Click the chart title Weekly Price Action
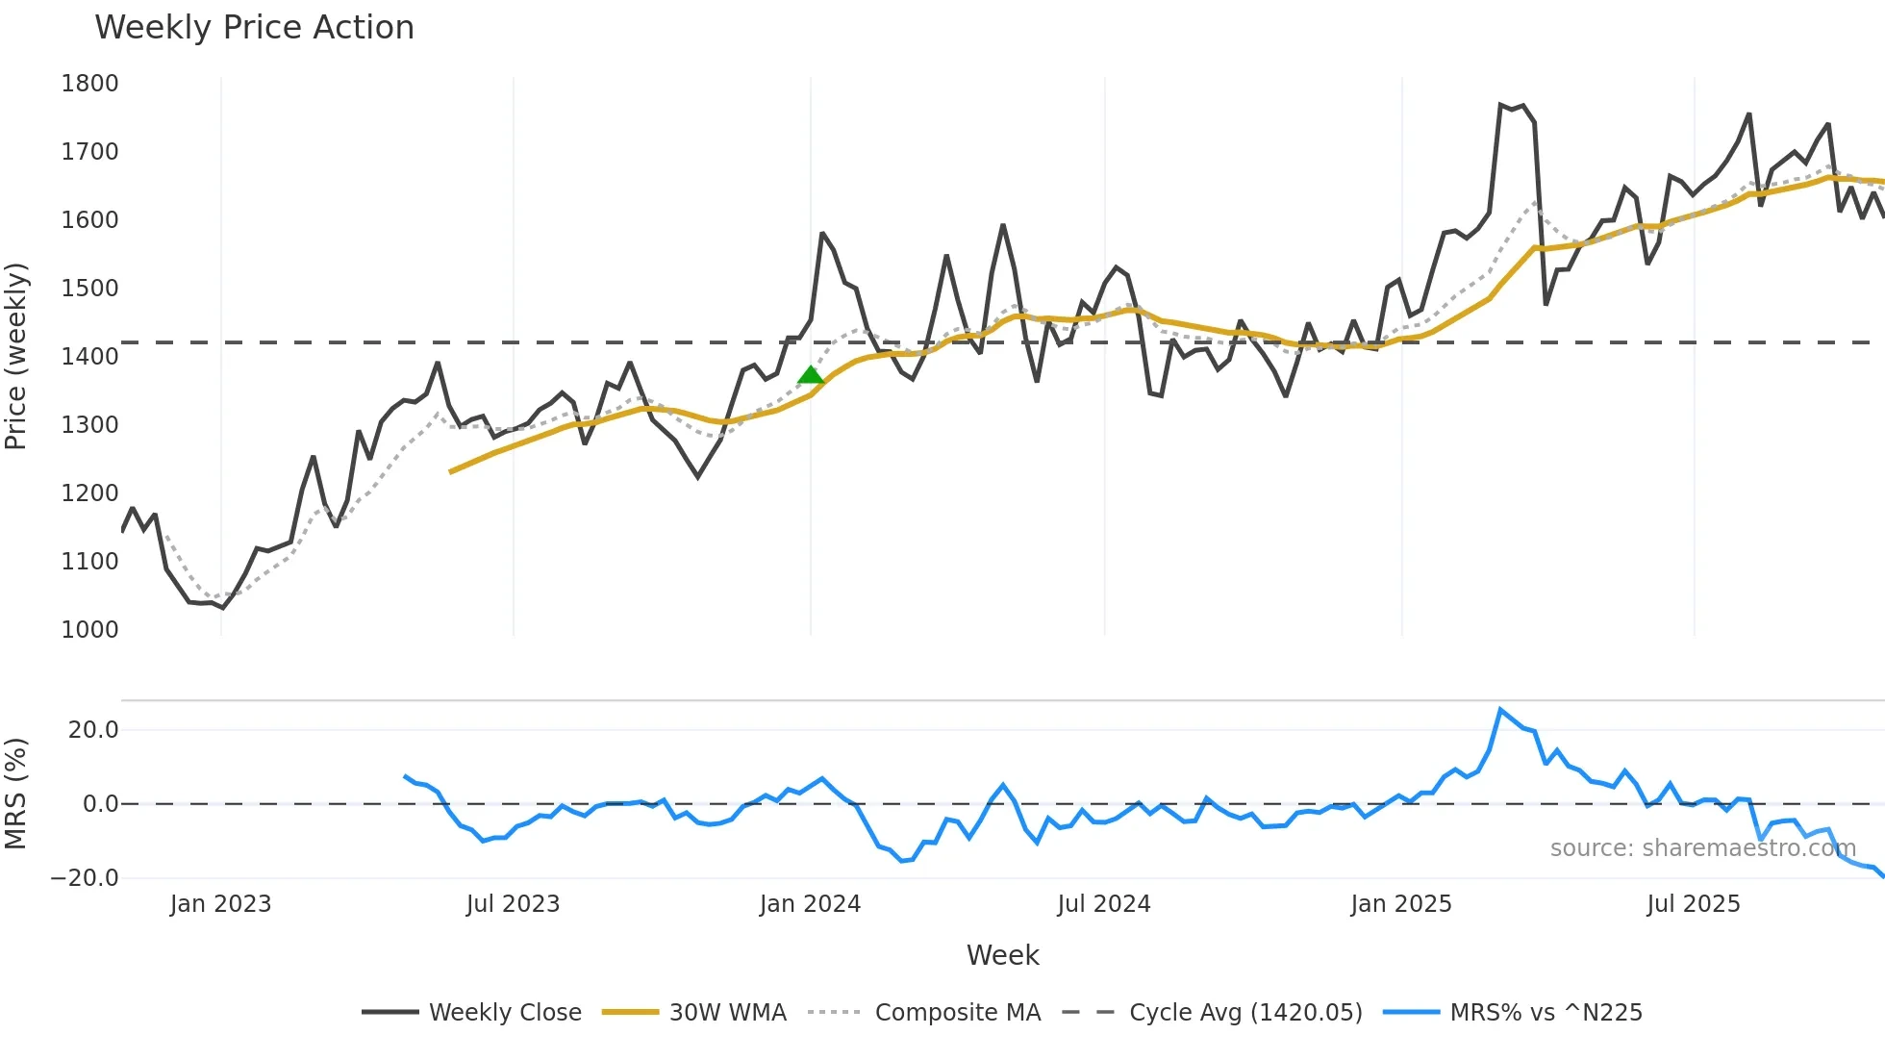(254, 28)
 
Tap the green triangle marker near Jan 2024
(811, 375)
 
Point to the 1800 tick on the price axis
(89, 84)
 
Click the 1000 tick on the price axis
(89, 630)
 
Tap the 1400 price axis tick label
(89, 357)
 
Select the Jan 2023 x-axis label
(220, 904)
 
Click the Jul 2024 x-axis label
(1103, 904)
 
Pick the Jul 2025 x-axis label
(1693, 904)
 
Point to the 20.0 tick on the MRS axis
(93, 730)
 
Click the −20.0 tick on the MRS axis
(85, 878)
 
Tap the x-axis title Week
(1002, 955)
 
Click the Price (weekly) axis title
(16, 356)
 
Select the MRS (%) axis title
(16, 794)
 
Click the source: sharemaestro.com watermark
(1702, 848)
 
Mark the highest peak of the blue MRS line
(1500, 710)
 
